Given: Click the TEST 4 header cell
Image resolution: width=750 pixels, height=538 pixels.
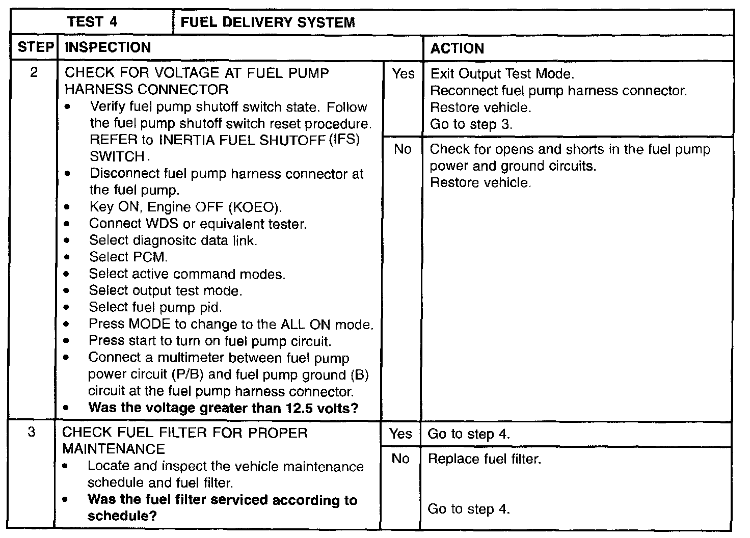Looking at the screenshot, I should pyautogui.click(x=92, y=22).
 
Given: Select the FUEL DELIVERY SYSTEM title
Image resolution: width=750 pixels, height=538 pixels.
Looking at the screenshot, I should pyautogui.click(x=268, y=22).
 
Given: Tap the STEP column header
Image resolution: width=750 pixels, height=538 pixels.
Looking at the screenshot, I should pyautogui.click(x=35, y=48).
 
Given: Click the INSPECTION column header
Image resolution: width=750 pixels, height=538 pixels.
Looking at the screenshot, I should pyautogui.click(x=108, y=48).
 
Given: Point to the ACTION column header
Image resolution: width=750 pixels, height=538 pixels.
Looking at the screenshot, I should pyautogui.click(x=457, y=48).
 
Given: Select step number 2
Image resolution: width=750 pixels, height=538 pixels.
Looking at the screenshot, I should pyautogui.click(x=34, y=73).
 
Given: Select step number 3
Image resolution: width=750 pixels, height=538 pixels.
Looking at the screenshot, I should pyautogui.click(x=32, y=433).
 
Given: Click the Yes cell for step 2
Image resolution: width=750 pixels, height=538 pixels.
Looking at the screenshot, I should pyautogui.click(x=403, y=74).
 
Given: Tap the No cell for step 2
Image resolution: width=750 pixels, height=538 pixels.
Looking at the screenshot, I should pyautogui.click(x=403, y=149).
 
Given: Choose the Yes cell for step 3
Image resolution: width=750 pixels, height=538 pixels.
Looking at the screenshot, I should pyautogui.click(x=401, y=434).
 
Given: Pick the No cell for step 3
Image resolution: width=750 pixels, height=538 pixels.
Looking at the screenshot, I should pyautogui.click(x=400, y=459).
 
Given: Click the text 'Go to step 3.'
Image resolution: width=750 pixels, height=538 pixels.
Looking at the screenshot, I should pyautogui.click(x=471, y=124).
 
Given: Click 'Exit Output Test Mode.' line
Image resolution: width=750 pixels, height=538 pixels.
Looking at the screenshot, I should pyautogui.click(x=502, y=74).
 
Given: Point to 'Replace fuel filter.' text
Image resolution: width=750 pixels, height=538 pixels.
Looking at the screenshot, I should pyautogui.click(x=484, y=460).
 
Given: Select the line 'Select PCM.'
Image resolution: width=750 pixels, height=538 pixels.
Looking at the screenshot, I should pyautogui.click(x=128, y=257).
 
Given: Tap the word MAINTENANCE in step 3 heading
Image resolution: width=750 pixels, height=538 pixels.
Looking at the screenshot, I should pyautogui.click(x=114, y=449).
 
